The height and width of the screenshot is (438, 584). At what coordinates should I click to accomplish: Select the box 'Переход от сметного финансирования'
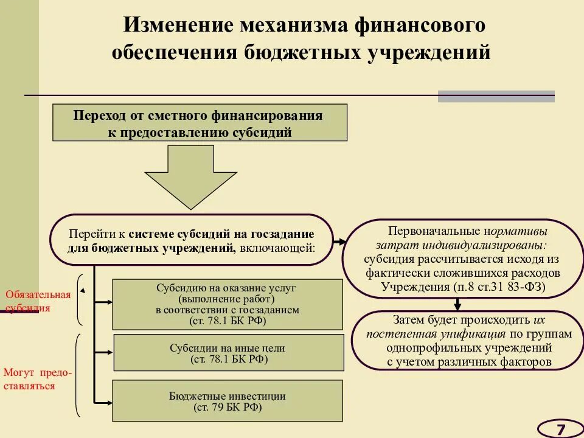click(x=200, y=123)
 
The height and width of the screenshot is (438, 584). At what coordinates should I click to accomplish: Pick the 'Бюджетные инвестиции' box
click(x=228, y=401)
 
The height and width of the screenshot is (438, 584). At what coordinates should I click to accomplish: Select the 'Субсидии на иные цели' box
click(x=228, y=353)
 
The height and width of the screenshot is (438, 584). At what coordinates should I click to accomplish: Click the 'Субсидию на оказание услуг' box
click(x=228, y=304)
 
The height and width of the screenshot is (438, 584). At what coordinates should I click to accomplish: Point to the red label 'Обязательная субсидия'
click(x=38, y=301)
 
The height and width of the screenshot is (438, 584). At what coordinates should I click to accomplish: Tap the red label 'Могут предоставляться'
click(x=36, y=379)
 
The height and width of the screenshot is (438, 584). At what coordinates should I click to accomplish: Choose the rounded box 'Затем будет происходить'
click(x=468, y=340)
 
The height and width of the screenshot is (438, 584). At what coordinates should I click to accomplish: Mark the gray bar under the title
click(x=496, y=96)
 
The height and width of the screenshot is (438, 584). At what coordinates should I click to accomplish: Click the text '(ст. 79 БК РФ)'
click(x=228, y=407)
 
